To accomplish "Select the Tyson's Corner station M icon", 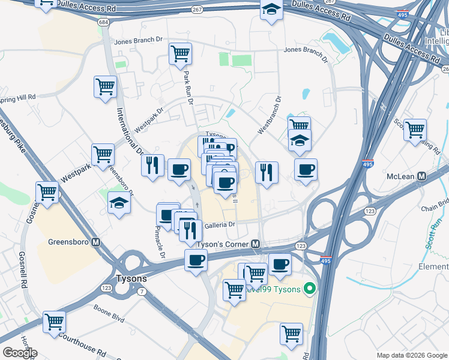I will click(256, 244).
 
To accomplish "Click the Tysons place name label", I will click(132, 279).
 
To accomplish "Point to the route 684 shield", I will click(104, 22).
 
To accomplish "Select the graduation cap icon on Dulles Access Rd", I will click(271, 10).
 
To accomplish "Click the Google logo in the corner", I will click(20, 353).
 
